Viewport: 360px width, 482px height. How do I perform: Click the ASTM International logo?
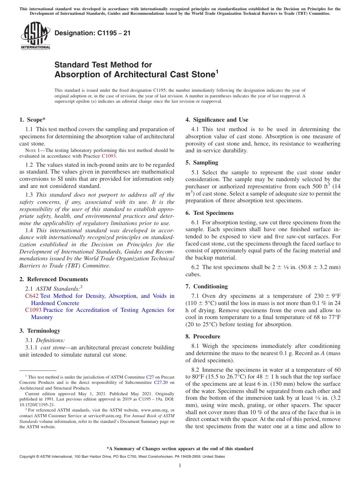(35, 36)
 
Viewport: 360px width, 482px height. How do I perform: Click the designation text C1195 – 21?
(92, 33)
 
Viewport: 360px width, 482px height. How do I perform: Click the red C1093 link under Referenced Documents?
(33, 310)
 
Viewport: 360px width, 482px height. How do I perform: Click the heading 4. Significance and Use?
(217, 120)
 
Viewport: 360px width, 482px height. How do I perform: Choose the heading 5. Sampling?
(202, 163)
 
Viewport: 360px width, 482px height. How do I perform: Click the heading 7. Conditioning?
(207, 286)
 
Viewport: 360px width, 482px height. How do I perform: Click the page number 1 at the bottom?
(180, 466)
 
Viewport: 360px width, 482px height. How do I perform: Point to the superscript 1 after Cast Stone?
(217, 71)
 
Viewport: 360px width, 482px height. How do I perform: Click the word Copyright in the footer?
(29, 457)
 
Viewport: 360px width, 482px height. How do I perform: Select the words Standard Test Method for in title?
(103, 65)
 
